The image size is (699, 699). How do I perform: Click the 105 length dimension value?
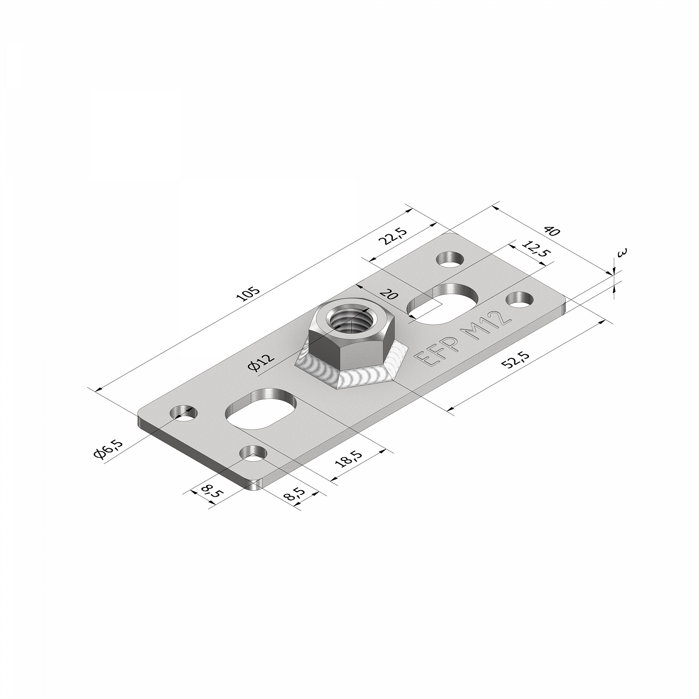pyautogui.click(x=250, y=294)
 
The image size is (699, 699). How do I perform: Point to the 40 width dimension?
pyautogui.click(x=551, y=231)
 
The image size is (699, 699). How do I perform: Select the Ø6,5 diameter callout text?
pyautogui.click(x=108, y=449)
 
